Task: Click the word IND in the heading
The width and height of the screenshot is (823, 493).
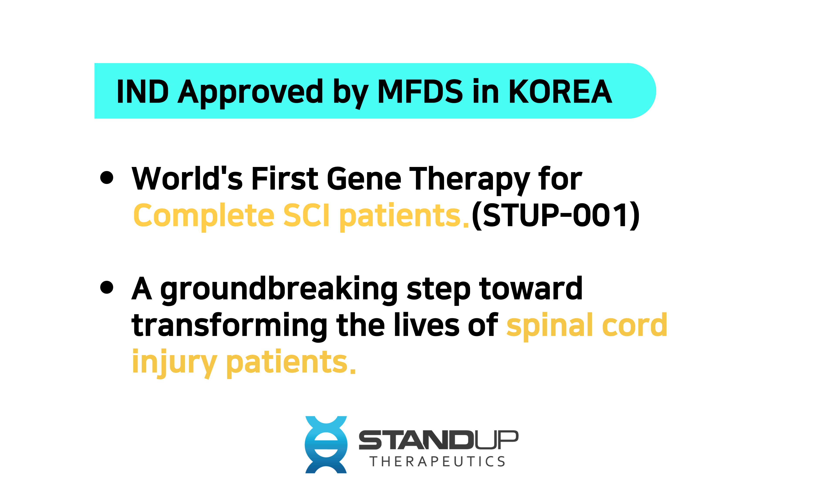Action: tap(142, 92)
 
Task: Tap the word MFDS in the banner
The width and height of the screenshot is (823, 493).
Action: tap(420, 92)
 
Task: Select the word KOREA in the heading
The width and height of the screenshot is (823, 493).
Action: tap(560, 92)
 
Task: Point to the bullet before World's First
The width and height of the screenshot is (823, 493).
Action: tap(107, 177)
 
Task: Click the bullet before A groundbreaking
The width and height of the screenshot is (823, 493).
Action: tap(107, 287)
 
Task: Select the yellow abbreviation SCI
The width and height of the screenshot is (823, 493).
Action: tap(306, 215)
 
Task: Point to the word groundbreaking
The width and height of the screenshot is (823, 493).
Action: tap(279, 290)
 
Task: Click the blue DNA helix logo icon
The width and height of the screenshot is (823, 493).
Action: tap(326, 445)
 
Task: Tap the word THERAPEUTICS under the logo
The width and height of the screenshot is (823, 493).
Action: tap(437, 461)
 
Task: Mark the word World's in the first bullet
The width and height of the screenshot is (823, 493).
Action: tap(187, 179)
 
